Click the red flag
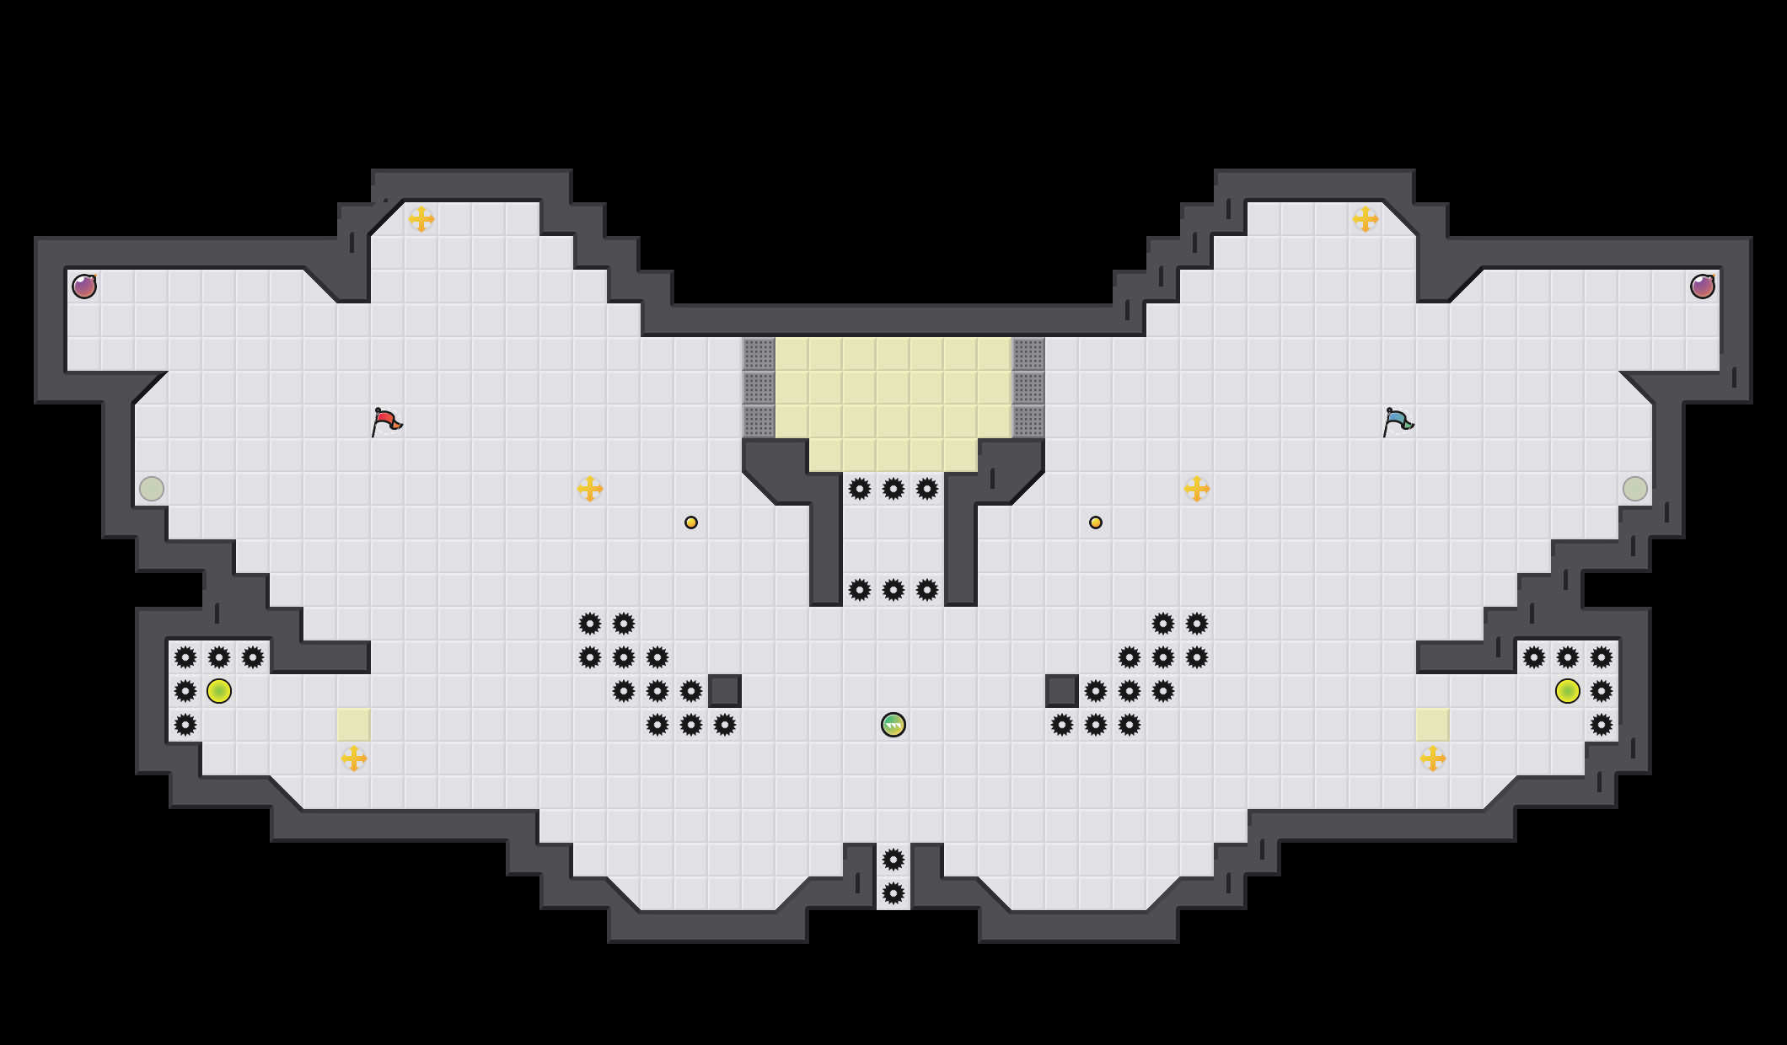[x=386, y=421]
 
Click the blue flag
[x=1398, y=421]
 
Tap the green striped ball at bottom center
[x=893, y=725]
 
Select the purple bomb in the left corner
[x=84, y=287]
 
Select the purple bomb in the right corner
[x=1703, y=287]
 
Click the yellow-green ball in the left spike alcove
[x=219, y=691]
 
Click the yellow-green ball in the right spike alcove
[x=1568, y=691]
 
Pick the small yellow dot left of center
[x=691, y=522]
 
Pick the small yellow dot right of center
[x=1096, y=522]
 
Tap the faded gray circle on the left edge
[x=152, y=489]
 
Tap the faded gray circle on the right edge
[x=1635, y=489]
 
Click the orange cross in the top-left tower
[x=421, y=219]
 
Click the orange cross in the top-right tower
[x=1366, y=219]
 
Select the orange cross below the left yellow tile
[x=354, y=758]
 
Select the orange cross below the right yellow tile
[x=1433, y=758]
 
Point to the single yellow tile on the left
[x=354, y=725]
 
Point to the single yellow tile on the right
[x=1433, y=725]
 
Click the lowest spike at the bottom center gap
[x=893, y=893]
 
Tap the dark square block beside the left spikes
[x=725, y=691]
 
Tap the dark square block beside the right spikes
[x=1062, y=691]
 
